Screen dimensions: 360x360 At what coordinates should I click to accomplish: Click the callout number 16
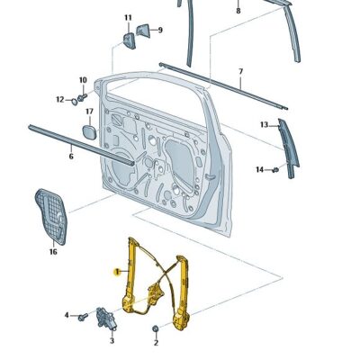[x=52, y=251]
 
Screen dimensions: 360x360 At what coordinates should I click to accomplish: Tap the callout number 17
[x=89, y=112]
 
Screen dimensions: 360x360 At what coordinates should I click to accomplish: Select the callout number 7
[x=240, y=71]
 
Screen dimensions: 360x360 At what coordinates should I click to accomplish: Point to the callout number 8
[x=238, y=11]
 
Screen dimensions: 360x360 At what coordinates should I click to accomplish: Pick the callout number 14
[x=259, y=169]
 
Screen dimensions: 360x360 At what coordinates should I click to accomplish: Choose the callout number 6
[x=70, y=157]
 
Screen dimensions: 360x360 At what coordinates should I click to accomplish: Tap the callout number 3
[x=112, y=342]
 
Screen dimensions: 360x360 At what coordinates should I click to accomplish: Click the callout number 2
[x=155, y=343]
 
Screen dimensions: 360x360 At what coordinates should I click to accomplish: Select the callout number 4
[x=67, y=315]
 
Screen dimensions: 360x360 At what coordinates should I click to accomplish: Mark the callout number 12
[x=60, y=99]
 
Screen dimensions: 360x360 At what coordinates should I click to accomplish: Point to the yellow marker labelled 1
[x=114, y=269]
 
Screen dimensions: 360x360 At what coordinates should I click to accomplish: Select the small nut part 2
[x=156, y=327]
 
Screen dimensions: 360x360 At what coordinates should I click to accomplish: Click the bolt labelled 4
[x=83, y=316]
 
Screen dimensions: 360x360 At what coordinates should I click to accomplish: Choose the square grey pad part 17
[x=89, y=131]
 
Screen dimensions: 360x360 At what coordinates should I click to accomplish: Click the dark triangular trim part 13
[x=288, y=148]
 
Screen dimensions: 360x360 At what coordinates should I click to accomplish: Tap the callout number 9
[x=159, y=30]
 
